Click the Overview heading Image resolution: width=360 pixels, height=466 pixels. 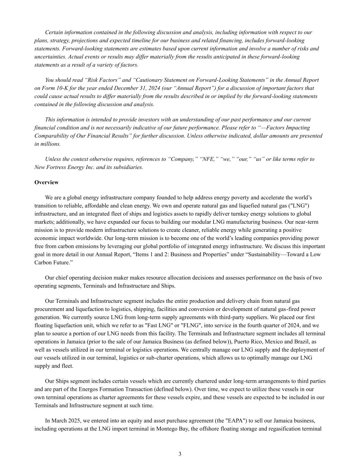(46, 182)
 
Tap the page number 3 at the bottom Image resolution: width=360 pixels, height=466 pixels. (180, 454)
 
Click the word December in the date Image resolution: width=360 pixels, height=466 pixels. (115, 88)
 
